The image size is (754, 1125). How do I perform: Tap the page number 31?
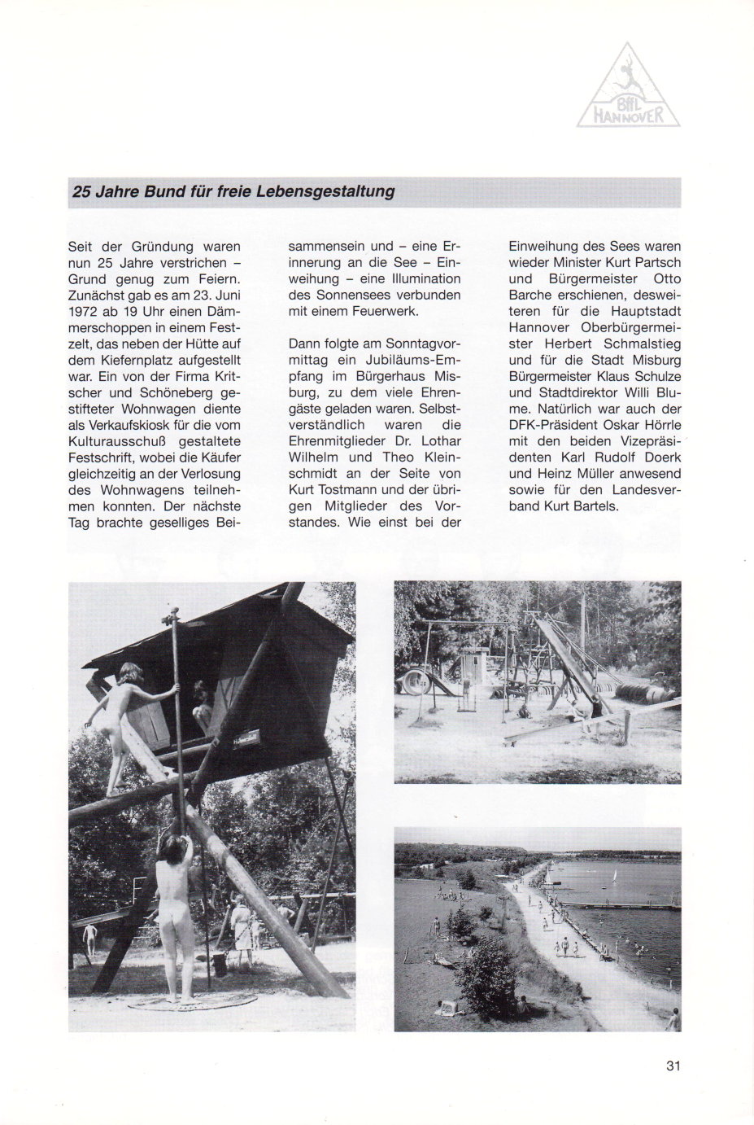672,1066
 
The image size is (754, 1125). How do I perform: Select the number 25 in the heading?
82,192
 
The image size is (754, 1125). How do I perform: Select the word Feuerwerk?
382,311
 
